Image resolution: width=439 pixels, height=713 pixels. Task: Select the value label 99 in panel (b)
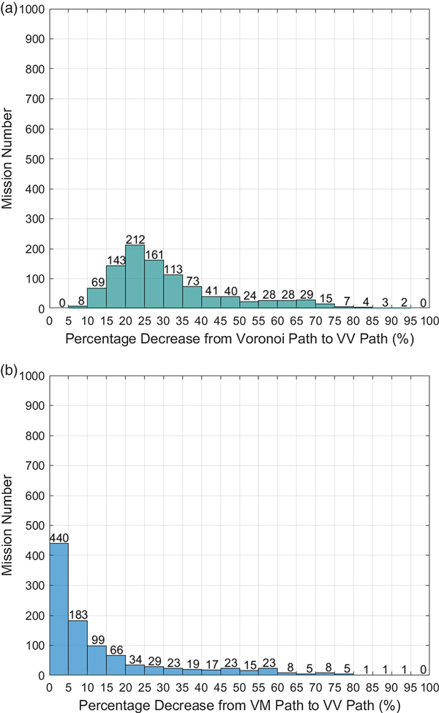tap(97, 639)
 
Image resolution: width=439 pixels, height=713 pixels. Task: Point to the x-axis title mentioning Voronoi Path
tap(239, 339)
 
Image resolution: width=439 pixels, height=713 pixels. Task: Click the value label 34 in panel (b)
tap(135, 659)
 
